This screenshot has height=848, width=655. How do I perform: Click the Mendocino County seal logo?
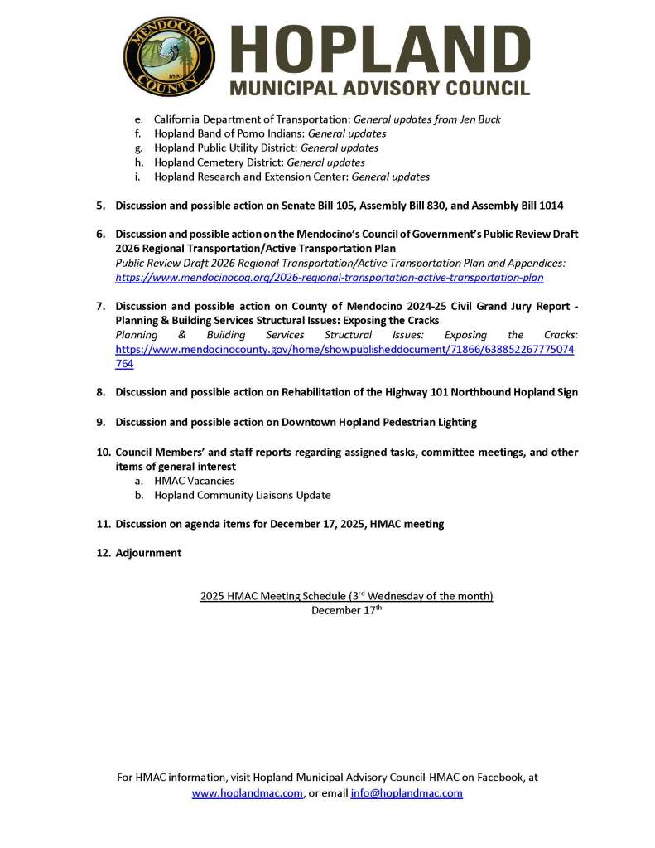(x=169, y=56)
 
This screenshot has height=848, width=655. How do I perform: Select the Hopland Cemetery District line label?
(x=219, y=162)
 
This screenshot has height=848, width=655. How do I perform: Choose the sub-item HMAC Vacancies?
(x=194, y=481)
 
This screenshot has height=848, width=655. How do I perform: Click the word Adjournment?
(x=148, y=553)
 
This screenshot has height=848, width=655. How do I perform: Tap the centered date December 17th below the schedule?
(x=346, y=610)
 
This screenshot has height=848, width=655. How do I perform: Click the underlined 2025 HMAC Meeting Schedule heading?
(x=346, y=596)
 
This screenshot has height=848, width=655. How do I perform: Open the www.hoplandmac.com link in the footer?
(x=247, y=793)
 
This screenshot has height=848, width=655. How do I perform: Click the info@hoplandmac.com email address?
(x=407, y=793)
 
